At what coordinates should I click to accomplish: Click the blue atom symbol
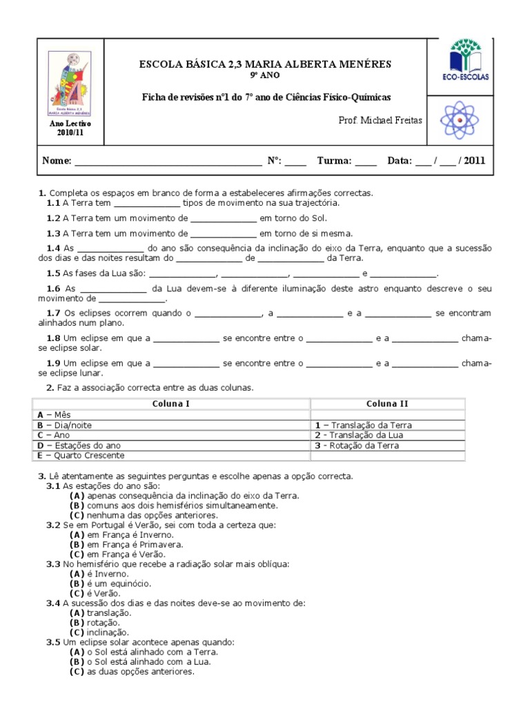(459, 120)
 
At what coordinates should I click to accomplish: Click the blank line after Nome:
(168, 162)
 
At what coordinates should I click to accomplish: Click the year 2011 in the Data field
(475, 161)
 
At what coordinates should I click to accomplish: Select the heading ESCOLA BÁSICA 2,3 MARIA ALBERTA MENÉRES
(265, 64)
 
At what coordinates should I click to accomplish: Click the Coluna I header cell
(171, 403)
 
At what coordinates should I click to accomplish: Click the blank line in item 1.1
(146, 204)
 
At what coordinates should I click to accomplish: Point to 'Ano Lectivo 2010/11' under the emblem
(70, 128)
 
